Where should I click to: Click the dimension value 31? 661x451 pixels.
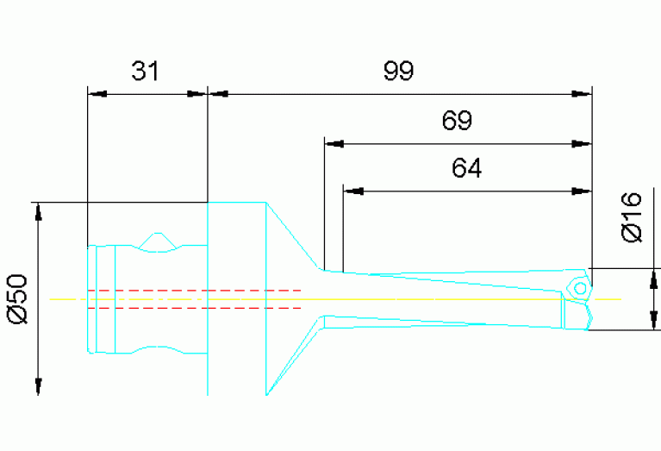point(146,71)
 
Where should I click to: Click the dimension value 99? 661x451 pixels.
point(398,71)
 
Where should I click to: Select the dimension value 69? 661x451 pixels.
point(457,121)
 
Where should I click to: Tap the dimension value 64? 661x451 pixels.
point(466,168)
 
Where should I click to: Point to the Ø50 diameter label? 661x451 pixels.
point(18,298)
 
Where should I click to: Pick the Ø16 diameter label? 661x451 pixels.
point(633,217)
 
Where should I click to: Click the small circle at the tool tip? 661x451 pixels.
point(581,288)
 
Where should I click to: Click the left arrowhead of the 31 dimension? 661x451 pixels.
point(97,93)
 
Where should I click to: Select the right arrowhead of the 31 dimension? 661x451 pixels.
point(198,93)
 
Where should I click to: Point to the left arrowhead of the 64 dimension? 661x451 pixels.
point(352,191)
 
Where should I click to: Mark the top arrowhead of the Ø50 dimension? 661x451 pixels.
point(38,212)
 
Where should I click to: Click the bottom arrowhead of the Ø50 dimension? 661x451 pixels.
point(38,386)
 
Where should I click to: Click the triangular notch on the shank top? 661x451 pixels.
point(157,242)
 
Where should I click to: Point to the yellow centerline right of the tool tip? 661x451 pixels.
point(607,299)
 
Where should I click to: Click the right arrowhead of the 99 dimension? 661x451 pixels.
point(583,93)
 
